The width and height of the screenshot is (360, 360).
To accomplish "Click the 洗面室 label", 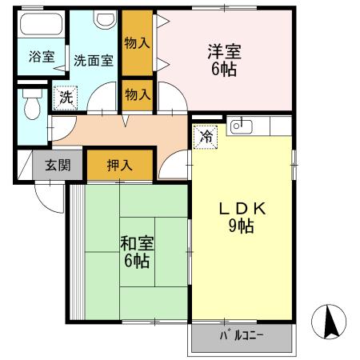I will click(94, 58).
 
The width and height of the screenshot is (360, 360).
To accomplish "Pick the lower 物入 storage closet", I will click(138, 94).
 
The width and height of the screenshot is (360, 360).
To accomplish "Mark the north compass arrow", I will click(329, 322).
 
